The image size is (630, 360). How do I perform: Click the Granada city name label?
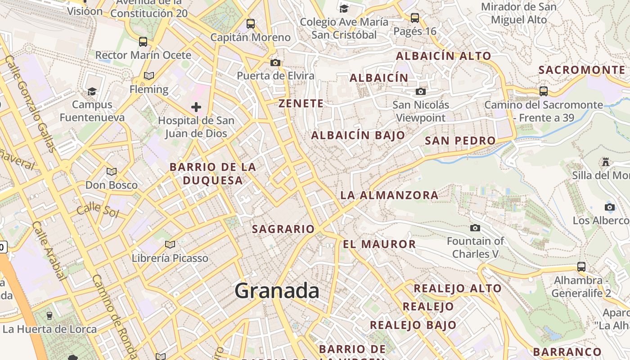click(277, 290)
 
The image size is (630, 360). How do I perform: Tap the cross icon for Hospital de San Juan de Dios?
click(196, 107)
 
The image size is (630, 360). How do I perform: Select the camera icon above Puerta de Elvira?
click(275, 63)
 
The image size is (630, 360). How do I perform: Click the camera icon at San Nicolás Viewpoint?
click(420, 92)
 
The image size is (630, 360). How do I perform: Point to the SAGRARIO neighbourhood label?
click(283, 229)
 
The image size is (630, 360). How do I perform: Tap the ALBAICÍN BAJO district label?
click(358, 135)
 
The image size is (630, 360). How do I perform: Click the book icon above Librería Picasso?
click(170, 245)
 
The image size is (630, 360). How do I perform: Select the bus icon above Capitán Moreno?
click(251, 24)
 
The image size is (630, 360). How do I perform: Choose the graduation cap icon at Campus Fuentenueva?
click(92, 92)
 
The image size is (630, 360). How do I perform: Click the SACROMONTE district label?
click(582, 70)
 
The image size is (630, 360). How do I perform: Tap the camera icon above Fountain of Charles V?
click(475, 228)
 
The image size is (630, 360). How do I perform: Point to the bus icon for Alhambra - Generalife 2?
click(581, 267)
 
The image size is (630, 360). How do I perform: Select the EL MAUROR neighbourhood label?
click(379, 244)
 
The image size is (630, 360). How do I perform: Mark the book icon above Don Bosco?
click(111, 171)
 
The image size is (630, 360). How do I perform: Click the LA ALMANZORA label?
click(389, 195)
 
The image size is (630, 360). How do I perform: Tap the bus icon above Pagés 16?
click(414, 18)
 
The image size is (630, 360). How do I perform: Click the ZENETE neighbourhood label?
click(301, 103)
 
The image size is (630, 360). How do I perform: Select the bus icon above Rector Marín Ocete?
click(143, 42)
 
